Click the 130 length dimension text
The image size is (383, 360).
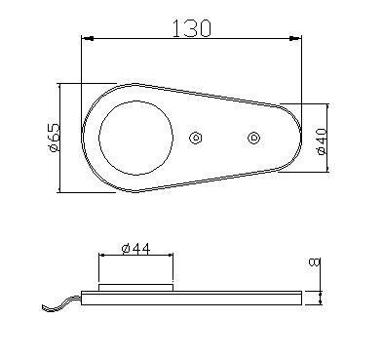pos(191,27)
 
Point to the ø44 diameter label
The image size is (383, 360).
pos(135,249)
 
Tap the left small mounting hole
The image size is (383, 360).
pos(196,138)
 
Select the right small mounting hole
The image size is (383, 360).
pos(254,137)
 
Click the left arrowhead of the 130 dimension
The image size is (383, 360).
pos(87,38)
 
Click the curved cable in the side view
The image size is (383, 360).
pos(58,304)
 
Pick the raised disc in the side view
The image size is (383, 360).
pos(136,288)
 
